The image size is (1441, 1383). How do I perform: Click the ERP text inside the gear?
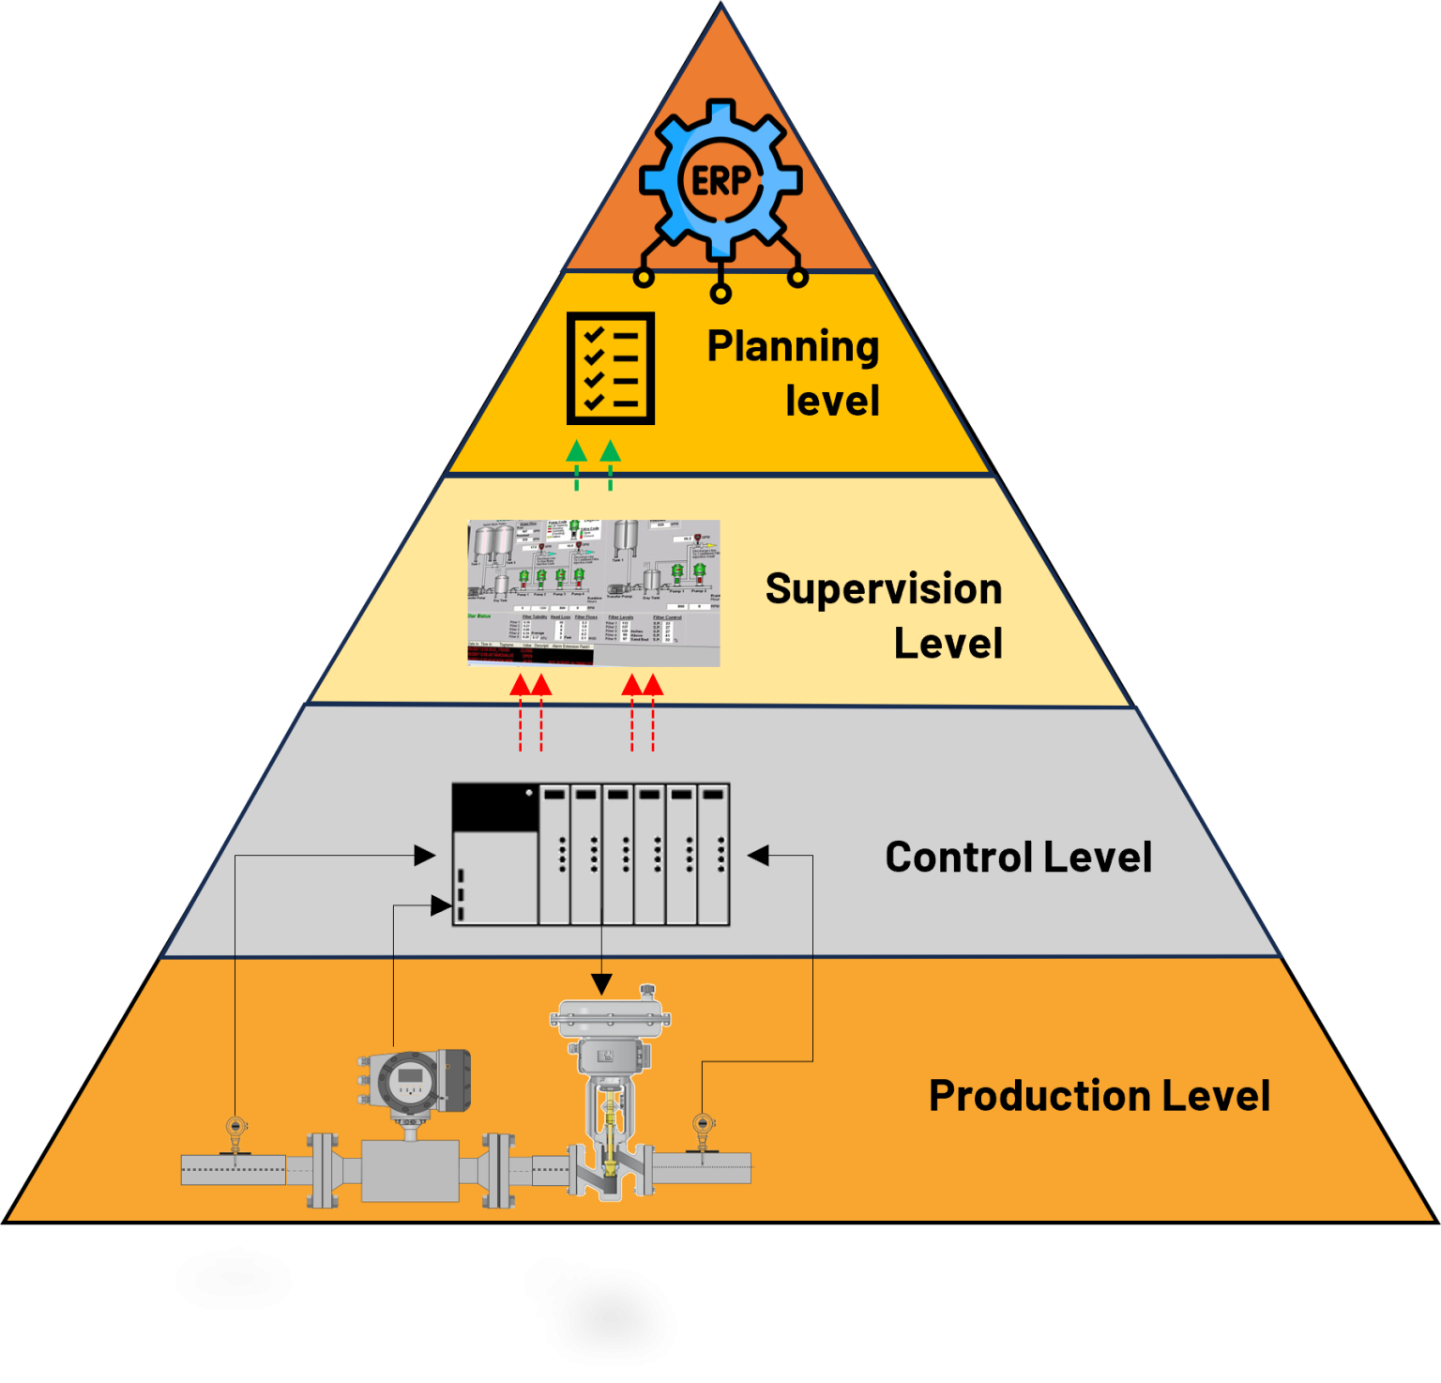point(720,180)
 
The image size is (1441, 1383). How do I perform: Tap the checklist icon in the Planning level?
point(611,369)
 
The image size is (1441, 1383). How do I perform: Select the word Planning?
point(793,346)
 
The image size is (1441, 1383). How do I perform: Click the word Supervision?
point(883,589)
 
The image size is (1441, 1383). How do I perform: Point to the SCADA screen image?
point(594,593)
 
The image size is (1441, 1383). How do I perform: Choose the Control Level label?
point(1018,857)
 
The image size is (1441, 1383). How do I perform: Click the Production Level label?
point(1099,1095)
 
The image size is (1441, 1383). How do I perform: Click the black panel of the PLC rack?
point(494,807)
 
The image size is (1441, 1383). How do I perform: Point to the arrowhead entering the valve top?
point(601,984)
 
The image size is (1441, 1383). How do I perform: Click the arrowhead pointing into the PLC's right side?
point(758,855)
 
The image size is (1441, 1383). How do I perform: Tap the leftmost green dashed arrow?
point(577,464)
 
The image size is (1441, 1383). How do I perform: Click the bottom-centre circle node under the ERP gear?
point(720,294)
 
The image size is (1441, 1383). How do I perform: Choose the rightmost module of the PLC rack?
point(714,854)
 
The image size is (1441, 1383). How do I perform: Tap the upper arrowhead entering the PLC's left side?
point(425,855)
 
